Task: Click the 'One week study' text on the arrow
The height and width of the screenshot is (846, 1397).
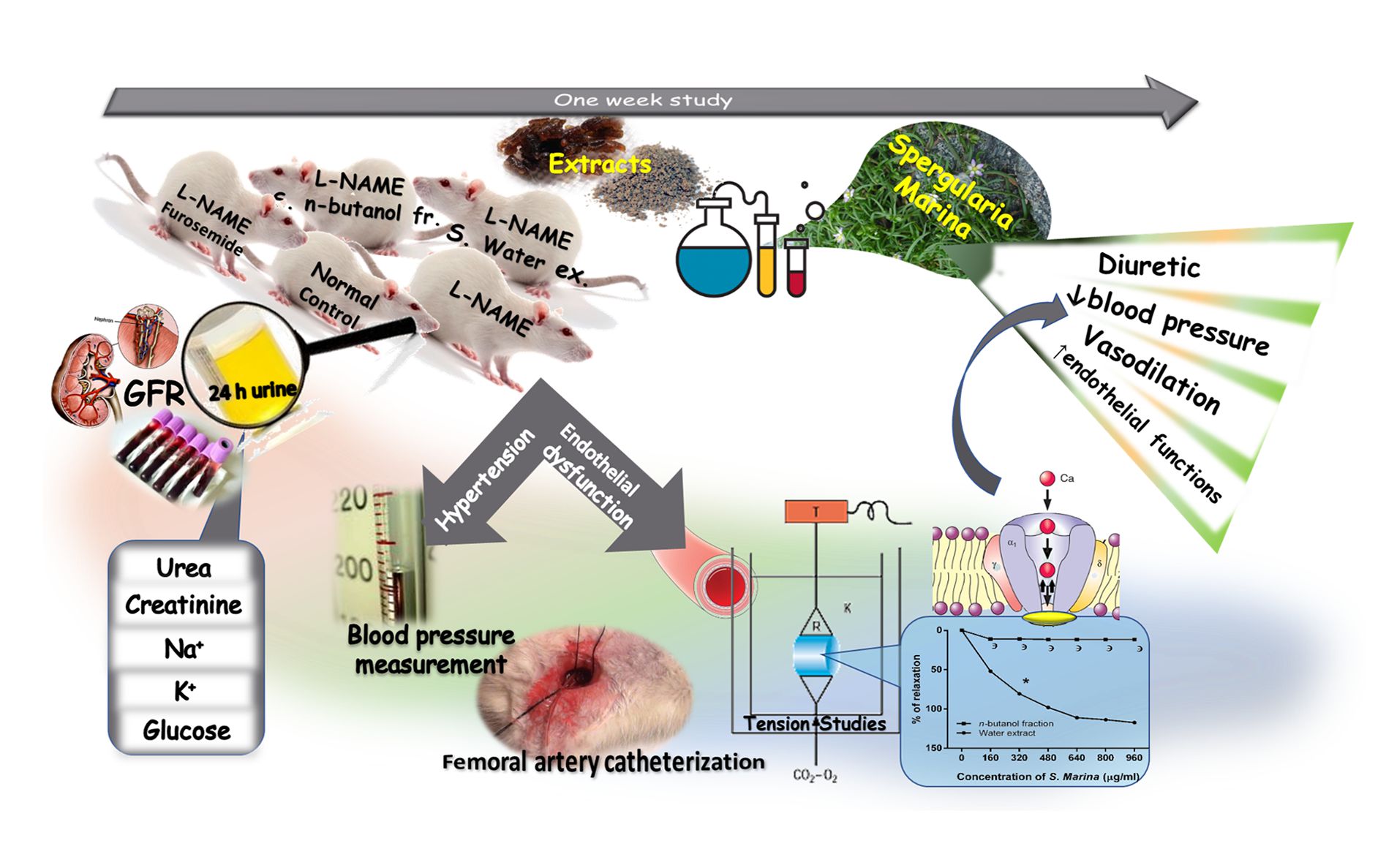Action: pyautogui.click(x=642, y=99)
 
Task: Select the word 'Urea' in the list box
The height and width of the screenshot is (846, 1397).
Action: pyautogui.click(x=184, y=568)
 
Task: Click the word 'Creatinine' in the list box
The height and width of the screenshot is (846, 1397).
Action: pyautogui.click(x=184, y=605)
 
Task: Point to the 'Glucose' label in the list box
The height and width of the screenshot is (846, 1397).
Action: pyautogui.click(x=187, y=730)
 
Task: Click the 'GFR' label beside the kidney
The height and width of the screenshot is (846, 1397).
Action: pyautogui.click(x=154, y=394)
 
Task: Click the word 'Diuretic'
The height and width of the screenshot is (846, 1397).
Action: pyautogui.click(x=1148, y=265)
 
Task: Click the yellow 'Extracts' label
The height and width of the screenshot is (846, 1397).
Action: pyautogui.click(x=599, y=164)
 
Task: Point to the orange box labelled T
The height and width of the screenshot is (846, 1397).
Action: pyautogui.click(x=816, y=512)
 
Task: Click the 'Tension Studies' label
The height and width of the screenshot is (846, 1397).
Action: pyautogui.click(x=815, y=724)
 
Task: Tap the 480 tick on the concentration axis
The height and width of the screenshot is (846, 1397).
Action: pyautogui.click(x=1048, y=758)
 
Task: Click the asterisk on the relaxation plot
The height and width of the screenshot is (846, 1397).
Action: pyautogui.click(x=1026, y=682)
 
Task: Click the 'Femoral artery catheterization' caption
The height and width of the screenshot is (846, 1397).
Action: pyautogui.click(x=603, y=762)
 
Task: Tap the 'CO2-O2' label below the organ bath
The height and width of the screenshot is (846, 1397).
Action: pyautogui.click(x=815, y=776)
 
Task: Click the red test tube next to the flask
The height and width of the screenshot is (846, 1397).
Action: pyautogui.click(x=797, y=271)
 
